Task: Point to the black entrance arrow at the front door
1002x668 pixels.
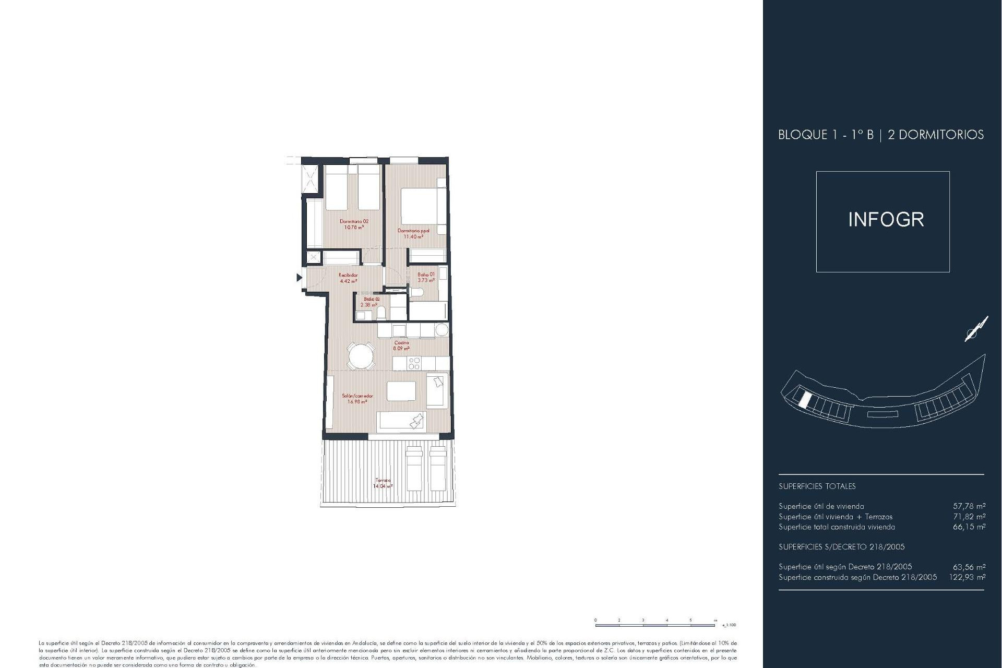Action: coord(299,278)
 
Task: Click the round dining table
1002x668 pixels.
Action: coord(361,357)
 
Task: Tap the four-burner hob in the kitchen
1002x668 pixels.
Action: coord(415,363)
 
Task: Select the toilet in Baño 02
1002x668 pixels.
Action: coord(381,313)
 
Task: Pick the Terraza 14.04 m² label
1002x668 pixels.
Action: coord(383,483)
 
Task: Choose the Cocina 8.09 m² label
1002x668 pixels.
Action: coord(401,345)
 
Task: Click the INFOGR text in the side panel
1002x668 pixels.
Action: coord(886,220)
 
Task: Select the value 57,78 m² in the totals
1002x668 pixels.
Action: coord(969,506)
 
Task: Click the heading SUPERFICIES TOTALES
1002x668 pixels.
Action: coord(817,486)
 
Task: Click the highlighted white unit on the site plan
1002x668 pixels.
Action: coord(805,400)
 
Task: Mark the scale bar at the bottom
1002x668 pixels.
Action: coord(655,624)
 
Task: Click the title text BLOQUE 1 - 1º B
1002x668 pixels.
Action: coord(826,135)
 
